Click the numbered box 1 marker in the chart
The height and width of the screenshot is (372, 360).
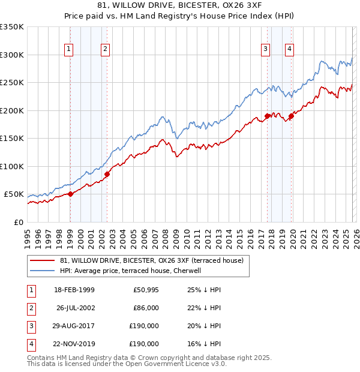(69, 50)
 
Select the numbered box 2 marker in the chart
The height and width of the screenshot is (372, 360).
(105, 50)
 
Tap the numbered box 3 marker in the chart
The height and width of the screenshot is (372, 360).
(265, 50)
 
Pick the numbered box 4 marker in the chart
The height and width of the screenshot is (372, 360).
(289, 50)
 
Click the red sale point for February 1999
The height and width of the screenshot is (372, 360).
(70, 194)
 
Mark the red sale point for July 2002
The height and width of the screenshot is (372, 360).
(107, 174)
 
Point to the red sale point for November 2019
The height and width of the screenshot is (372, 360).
(291, 116)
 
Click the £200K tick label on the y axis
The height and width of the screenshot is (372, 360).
(12, 110)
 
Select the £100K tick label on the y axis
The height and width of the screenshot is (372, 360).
(12, 166)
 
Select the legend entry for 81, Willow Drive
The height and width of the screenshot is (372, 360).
(151, 261)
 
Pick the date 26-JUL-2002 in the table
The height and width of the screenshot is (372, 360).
(74, 308)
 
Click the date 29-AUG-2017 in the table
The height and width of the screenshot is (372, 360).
(74, 326)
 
